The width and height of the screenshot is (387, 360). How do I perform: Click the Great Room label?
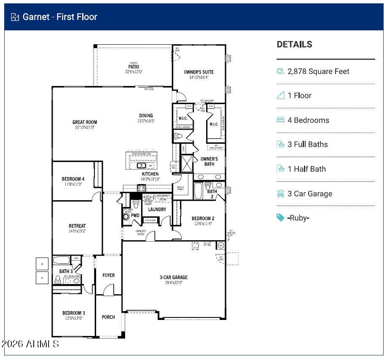[x=84, y=123]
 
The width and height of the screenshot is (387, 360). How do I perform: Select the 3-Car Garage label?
[x=173, y=277]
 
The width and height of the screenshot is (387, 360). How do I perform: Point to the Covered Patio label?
[x=134, y=67]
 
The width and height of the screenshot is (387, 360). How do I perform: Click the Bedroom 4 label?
[x=73, y=179]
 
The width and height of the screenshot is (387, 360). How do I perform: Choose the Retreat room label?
[x=77, y=226]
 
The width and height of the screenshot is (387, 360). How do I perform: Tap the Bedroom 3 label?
[x=74, y=313]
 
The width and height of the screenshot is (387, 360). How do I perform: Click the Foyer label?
[x=108, y=275]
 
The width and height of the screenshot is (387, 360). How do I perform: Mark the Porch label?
[x=108, y=317]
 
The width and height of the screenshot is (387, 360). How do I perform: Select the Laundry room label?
[x=157, y=210]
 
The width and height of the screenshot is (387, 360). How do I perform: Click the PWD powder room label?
[x=135, y=215]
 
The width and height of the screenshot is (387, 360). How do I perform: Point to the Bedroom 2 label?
[x=203, y=218]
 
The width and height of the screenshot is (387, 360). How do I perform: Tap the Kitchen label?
[x=150, y=174]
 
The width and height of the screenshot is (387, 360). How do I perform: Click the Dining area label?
[x=146, y=116]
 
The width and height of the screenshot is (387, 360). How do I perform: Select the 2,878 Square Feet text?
[x=318, y=72]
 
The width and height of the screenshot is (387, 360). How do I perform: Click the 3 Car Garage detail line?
[x=309, y=194]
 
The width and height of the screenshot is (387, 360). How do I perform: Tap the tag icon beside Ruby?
[x=280, y=218]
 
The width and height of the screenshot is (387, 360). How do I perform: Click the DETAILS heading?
[x=294, y=44]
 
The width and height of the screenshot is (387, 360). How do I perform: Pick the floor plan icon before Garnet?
[x=15, y=17]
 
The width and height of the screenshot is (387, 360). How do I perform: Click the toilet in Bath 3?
[x=58, y=279]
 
